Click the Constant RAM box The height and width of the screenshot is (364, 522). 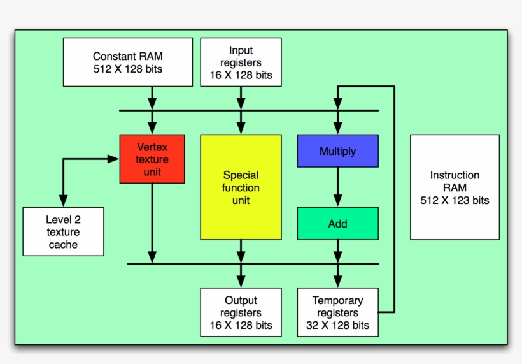click(x=127, y=62)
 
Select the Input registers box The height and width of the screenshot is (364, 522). click(x=241, y=62)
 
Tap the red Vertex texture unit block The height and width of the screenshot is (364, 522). click(x=152, y=159)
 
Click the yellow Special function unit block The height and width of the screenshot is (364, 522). click(x=241, y=187)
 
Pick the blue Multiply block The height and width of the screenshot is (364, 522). click(x=337, y=151)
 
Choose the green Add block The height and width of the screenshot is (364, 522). click(x=337, y=224)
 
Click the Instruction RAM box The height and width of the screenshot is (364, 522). click(x=455, y=187)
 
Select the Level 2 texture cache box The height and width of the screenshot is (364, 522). click(x=63, y=231)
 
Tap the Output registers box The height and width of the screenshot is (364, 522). click(x=241, y=312)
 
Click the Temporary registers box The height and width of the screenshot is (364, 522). click(x=337, y=312)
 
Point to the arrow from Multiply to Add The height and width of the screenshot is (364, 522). click(x=337, y=187)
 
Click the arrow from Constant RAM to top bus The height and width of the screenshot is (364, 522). click(x=152, y=98)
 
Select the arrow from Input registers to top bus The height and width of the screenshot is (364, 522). click(x=241, y=98)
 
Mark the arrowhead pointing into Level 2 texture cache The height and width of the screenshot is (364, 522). click(x=63, y=200)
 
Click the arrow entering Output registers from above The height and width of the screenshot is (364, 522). click(x=241, y=277)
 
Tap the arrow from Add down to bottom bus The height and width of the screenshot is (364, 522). click(x=337, y=251)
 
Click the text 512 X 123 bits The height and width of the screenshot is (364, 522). click(x=455, y=200)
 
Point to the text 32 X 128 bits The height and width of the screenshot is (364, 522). click(x=337, y=325)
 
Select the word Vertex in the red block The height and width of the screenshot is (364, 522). click(x=152, y=147)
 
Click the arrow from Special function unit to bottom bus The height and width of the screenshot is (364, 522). click(x=241, y=251)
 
